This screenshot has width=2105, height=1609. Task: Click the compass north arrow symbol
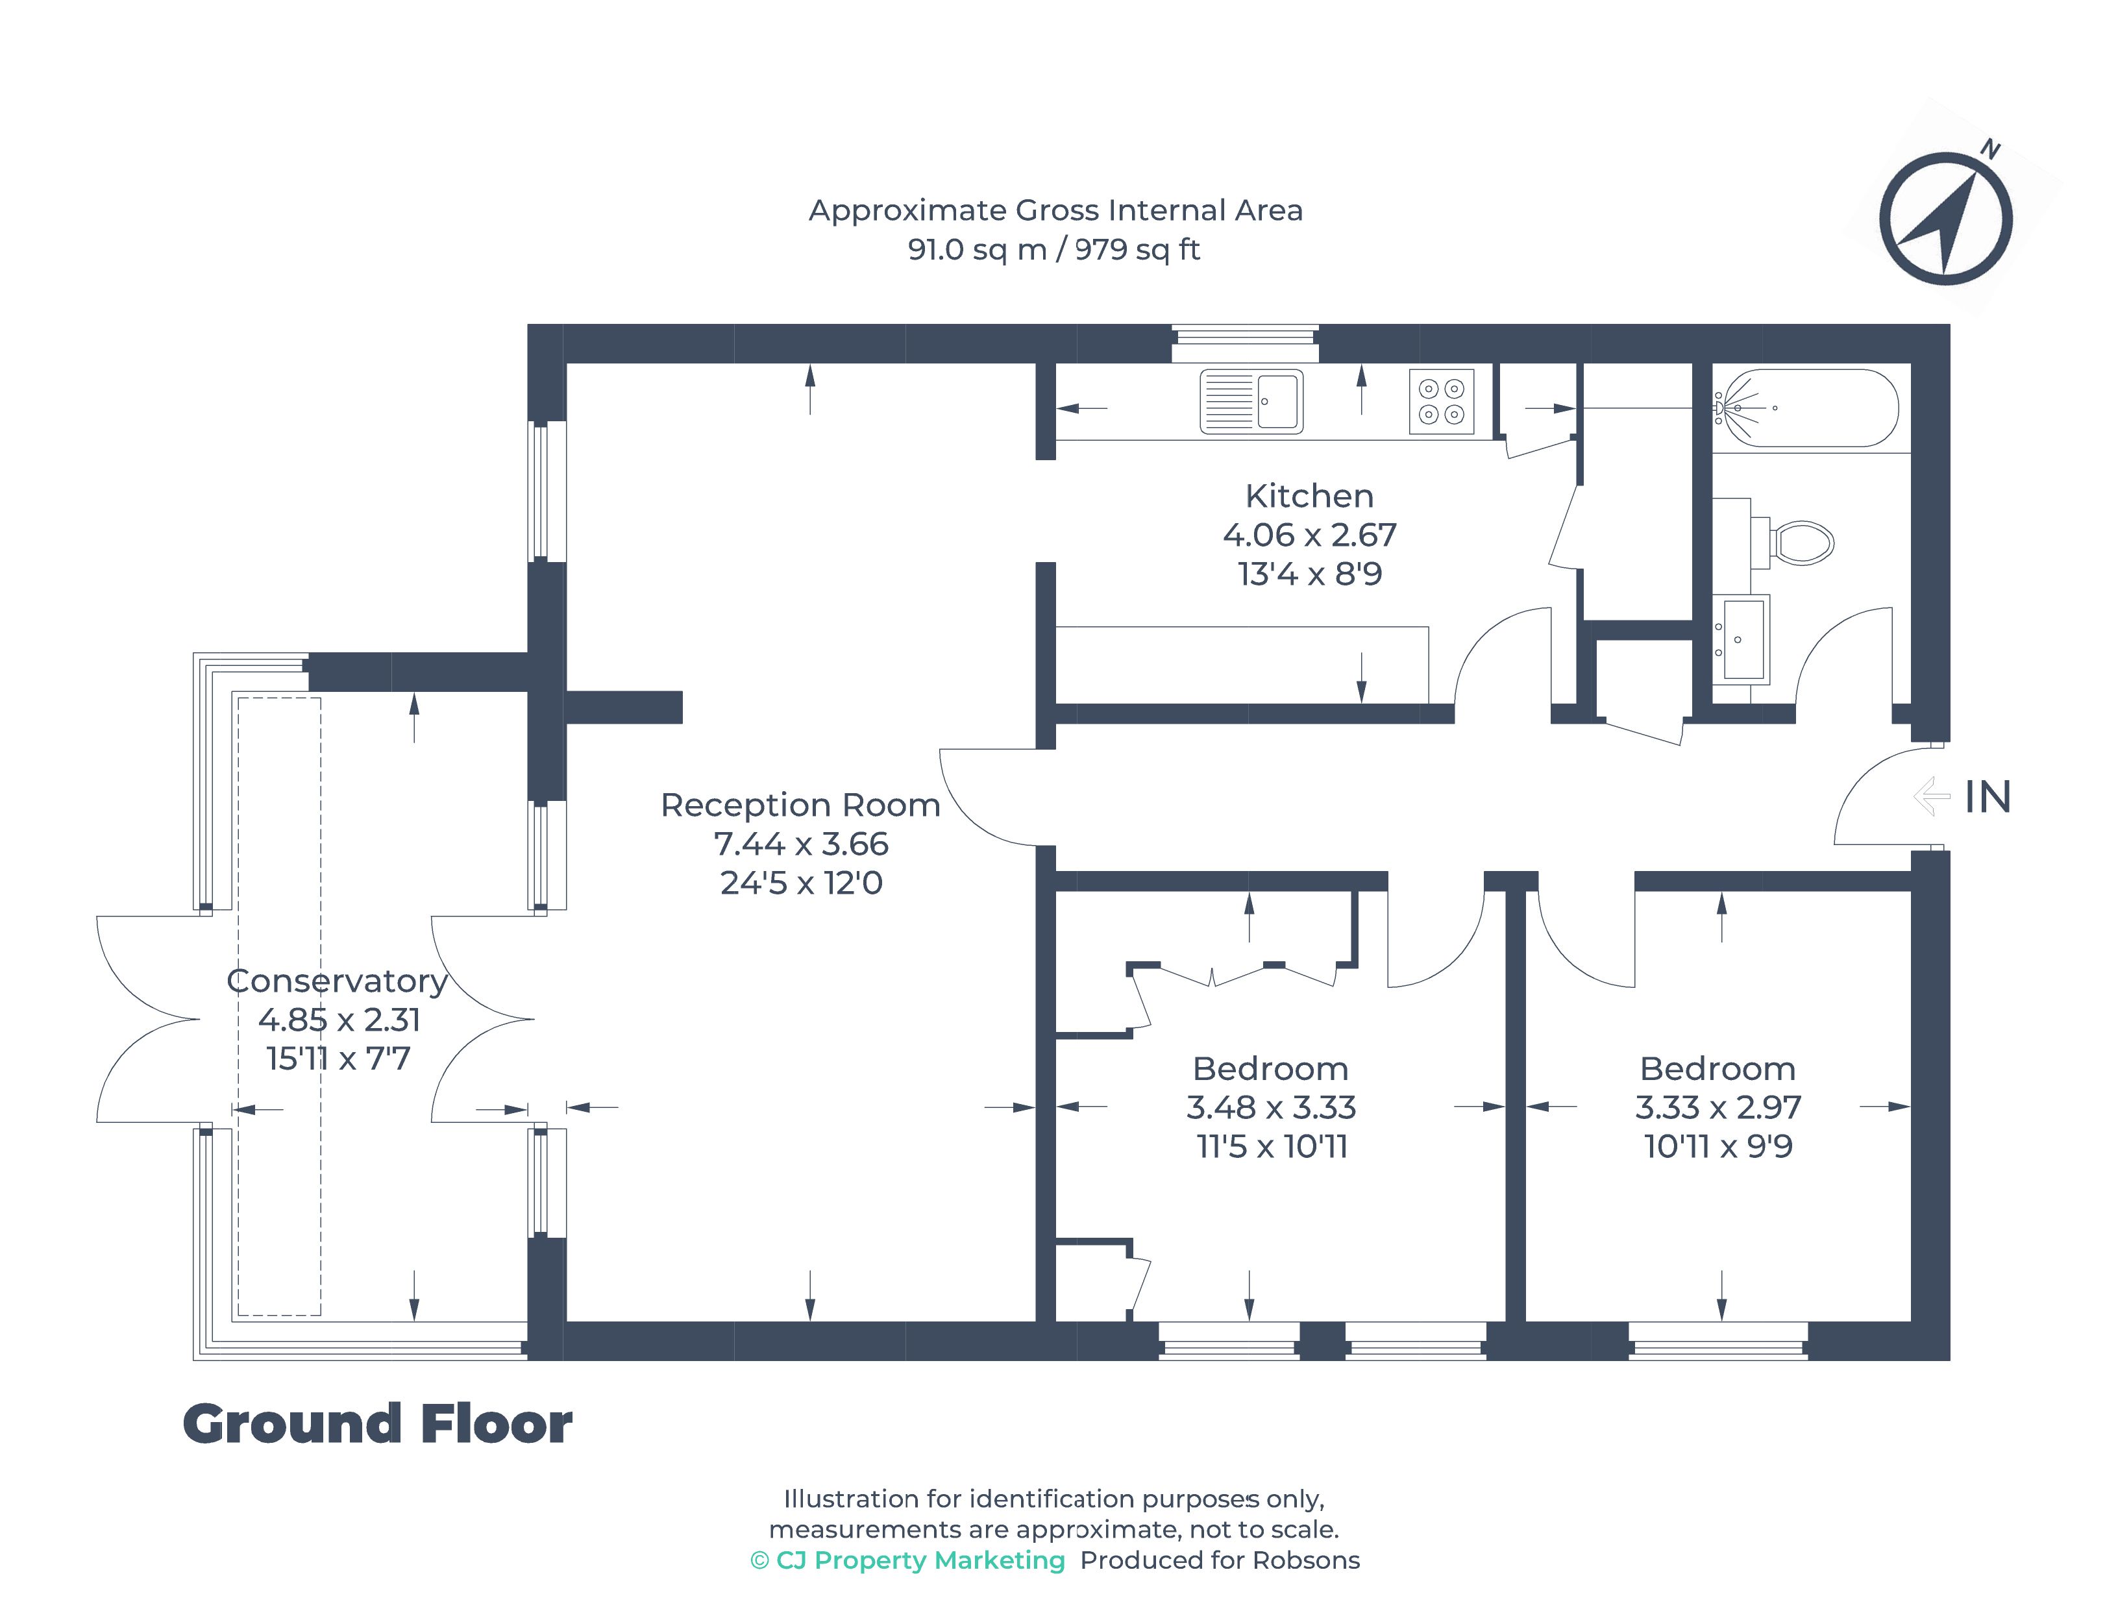pyautogui.click(x=1945, y=218)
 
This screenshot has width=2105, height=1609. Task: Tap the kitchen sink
pyautogui.click(x=1251, y=401)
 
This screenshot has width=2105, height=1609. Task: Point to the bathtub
pyautogui.click(x=1805, y=408)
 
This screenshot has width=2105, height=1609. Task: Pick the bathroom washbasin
pyautogui.click(x=1740, y=638)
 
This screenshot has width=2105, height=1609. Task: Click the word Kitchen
pyautogui.click(x=1309, y=496)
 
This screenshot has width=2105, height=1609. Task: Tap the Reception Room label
pyautogui.click(x=800, y=805)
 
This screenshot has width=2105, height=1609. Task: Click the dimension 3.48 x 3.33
pyautogui.click(x=1271, y=1107)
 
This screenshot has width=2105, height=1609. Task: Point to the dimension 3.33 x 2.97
pyautogui.click(x=1718, y=1107)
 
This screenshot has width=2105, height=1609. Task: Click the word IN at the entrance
pyautogui.click(x=1988, y=797)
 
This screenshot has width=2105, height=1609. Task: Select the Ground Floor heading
pyautogui.click(x=377, y=1424)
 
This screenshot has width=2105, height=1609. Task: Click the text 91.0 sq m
pyautogui.click(x=977, y=249)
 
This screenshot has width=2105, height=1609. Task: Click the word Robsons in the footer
pyautogui.click(x=1306, y=1560)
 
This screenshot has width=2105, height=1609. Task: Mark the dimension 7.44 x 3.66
pyautogui.click(x=800, y=844)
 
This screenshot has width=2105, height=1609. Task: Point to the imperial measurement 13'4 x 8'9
pyautogui.click(x=1309, y=574)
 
